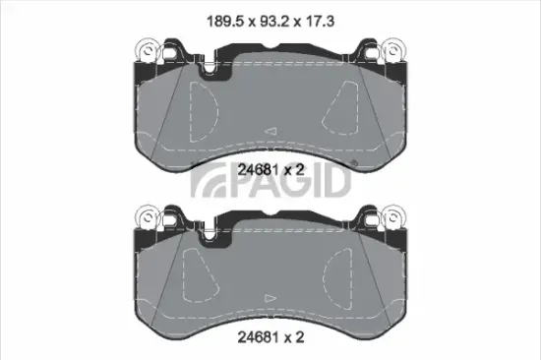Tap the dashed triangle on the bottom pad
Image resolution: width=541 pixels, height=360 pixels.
(347, 264)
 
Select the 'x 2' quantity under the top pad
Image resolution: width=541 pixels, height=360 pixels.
(294, 169)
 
